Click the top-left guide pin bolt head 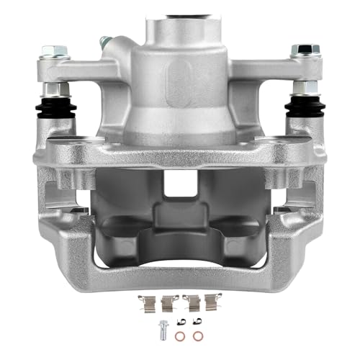coord(51,51)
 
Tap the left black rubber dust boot coord(53,108)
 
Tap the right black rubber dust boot coord(303,107)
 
